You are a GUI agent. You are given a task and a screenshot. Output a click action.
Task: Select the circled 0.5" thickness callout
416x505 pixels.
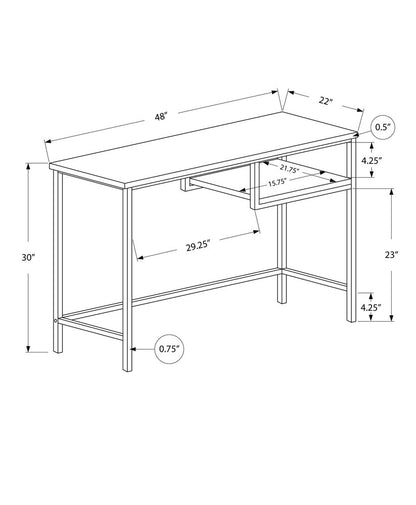click(381, 127)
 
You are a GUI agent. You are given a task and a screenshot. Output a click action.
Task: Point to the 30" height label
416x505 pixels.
click(27, 257)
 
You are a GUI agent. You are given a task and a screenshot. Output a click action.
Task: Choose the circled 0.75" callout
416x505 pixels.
click(169, 348)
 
